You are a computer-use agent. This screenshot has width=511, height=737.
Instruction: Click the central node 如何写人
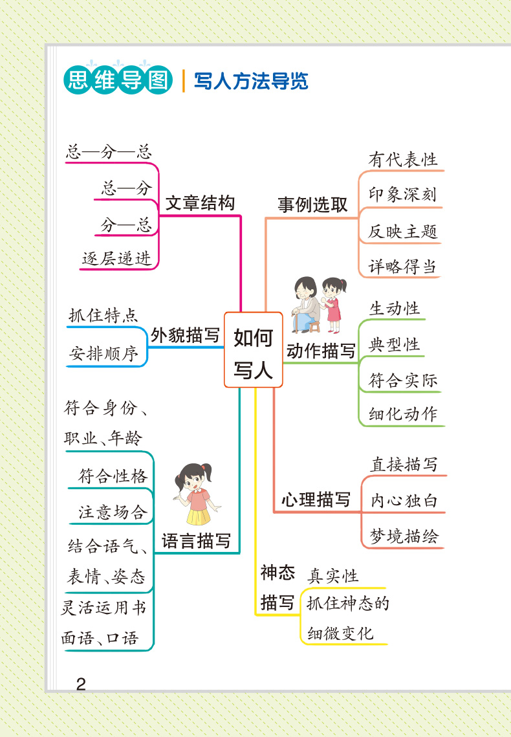pos(253,350)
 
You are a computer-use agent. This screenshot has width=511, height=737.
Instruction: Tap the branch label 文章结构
pos(199,203)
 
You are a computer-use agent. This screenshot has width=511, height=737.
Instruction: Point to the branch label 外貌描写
pos(185,336)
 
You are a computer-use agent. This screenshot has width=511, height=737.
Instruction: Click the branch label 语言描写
pos(196,541)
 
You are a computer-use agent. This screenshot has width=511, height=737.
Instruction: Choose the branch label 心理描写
pos(316,500)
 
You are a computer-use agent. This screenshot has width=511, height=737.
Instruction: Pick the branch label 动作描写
pos(321,351)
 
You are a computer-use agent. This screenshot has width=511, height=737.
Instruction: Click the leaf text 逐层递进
pos(116,258)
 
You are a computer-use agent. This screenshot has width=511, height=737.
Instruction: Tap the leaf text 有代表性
pos(403,159)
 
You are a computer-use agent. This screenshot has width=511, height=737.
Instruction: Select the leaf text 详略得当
pos(402,267)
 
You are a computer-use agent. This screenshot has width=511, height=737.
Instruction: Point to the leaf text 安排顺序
pos(103,354)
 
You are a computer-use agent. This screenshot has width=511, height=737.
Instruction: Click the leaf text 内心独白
pos(404,500)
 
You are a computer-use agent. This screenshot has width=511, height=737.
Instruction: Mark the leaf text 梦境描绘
pos(404,536)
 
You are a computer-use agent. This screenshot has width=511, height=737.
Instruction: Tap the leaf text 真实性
pos(332,575)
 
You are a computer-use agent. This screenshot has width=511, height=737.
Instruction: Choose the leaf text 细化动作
pos(403,414)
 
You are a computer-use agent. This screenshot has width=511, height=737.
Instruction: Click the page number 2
pos(81,684)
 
